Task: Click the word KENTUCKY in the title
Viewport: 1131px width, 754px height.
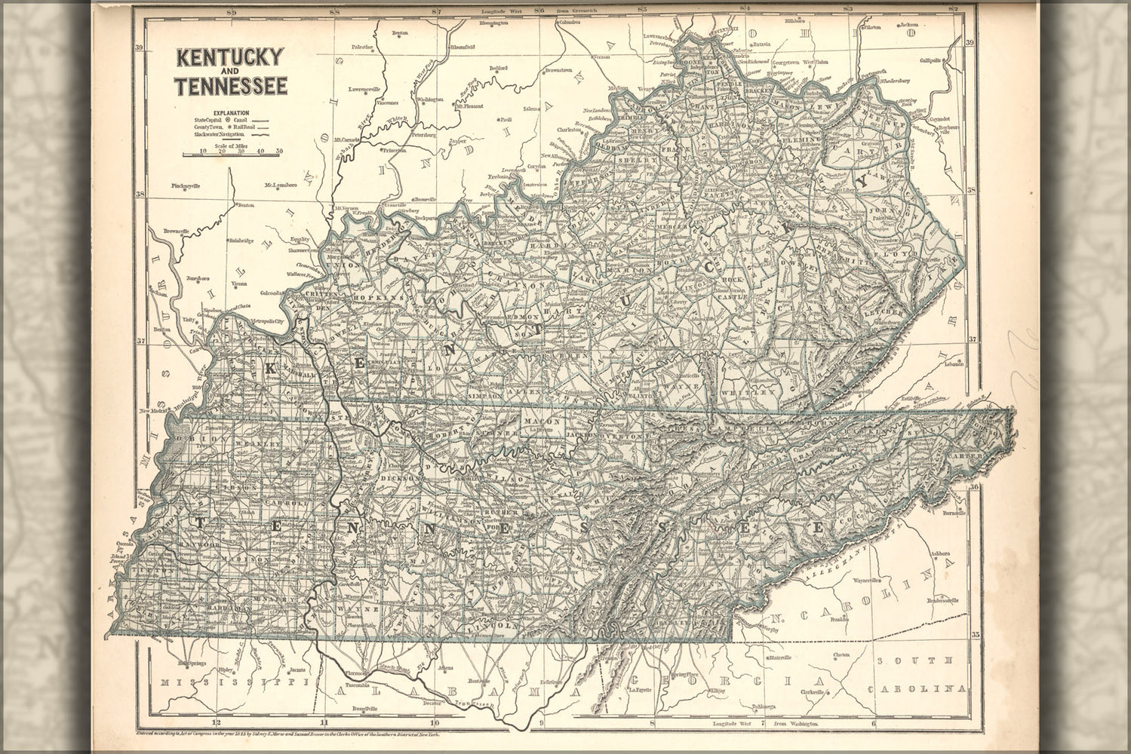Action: [230, 57]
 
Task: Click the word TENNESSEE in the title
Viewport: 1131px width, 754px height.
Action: [232, 85]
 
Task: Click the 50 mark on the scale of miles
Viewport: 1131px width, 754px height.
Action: [278, 151]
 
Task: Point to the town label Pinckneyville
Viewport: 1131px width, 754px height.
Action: [186, 185]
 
